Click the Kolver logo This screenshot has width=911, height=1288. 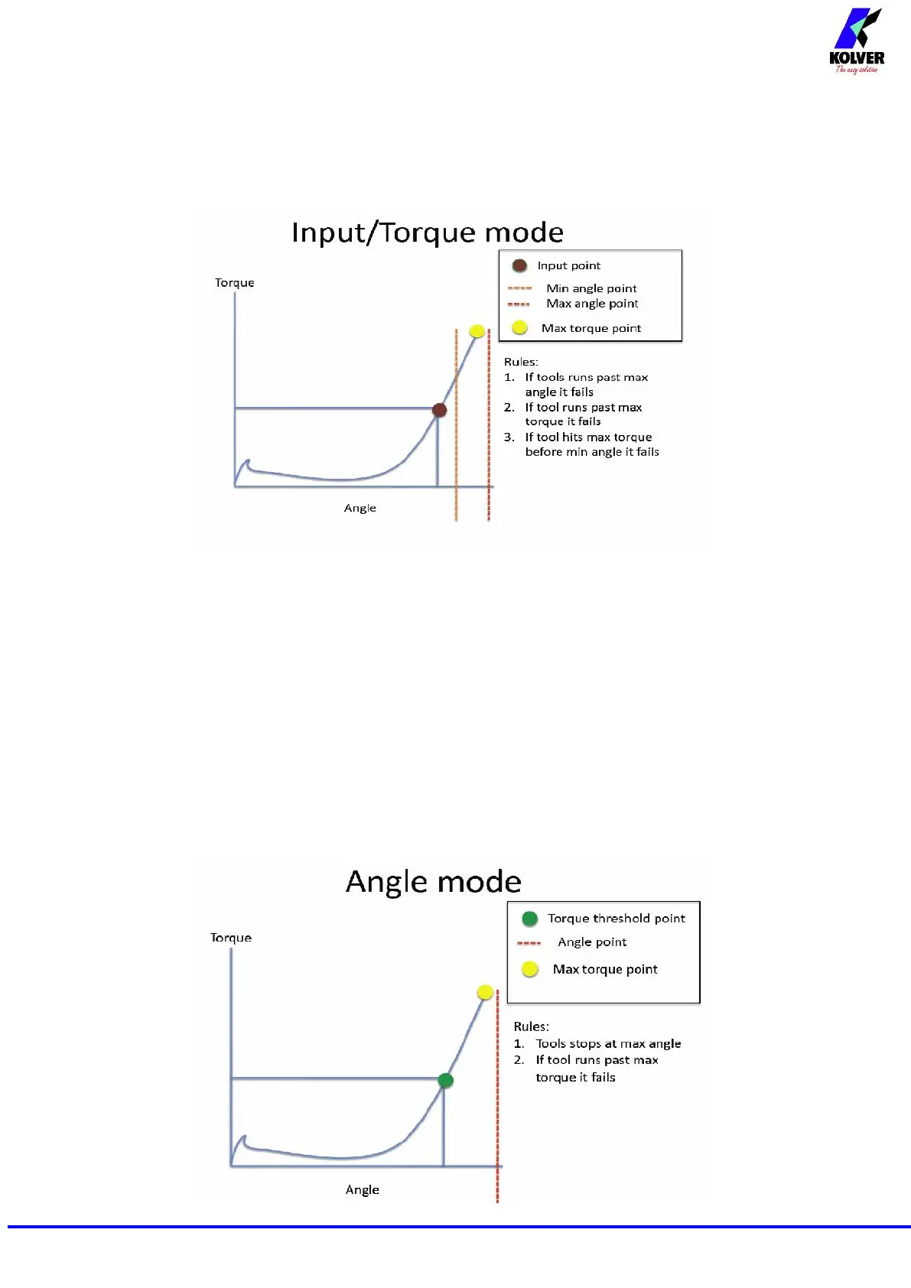pos(857,41)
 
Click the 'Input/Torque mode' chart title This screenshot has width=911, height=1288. pos(428,233)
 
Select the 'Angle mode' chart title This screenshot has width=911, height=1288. pos(433,882)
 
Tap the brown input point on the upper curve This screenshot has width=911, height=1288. pos(439,410)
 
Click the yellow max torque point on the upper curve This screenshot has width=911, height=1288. pos(477,331)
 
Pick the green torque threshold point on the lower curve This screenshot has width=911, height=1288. pos(446,1080)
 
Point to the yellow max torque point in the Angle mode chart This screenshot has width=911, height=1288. pos(485,992)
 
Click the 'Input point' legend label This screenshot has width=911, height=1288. pos(568,265)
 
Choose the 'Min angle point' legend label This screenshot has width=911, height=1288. pos(591,288)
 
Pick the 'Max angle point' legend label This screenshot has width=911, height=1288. pos(592,304)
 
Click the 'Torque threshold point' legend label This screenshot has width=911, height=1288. pos(617,919)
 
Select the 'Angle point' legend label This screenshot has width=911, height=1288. pos(592,942)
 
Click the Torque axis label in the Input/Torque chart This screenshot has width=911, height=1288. pos(234,283)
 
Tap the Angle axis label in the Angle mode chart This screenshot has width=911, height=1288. pos(362,1190)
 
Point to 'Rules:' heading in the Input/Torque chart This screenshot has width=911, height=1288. pos(521,362)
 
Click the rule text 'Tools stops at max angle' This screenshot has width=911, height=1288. pos(608,1044)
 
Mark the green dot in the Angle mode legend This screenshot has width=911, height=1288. pos(529,919)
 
